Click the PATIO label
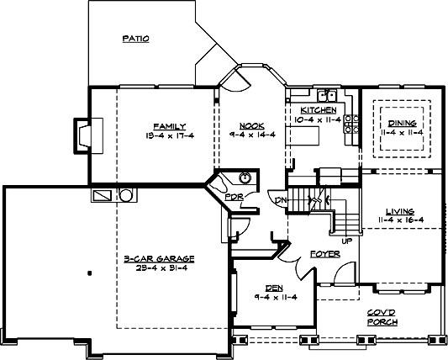click(x=135, y=38)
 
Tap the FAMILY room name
click(x=164, y=125)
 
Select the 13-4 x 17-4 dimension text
click(x=164, y=135)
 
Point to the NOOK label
click(x=250, y=125)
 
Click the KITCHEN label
click(x=319, y=110)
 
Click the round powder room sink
click(x=245, y=177)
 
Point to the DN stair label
click(x=281, y=199)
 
